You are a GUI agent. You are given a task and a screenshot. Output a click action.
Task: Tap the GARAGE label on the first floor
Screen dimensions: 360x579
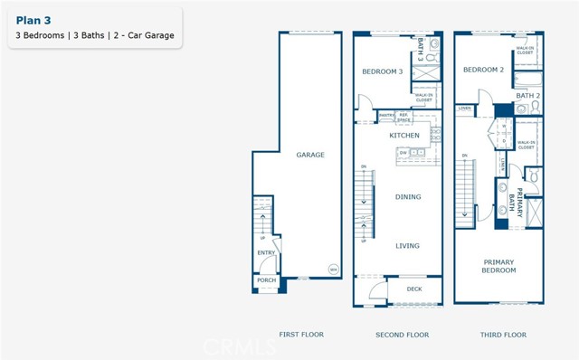(309, 155)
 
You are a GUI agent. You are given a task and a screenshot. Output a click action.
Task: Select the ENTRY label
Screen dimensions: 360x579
(266, 253)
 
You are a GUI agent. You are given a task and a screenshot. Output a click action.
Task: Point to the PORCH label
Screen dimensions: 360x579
(266, 280)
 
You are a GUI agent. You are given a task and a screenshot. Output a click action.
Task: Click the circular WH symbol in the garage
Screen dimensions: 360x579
(332, 270)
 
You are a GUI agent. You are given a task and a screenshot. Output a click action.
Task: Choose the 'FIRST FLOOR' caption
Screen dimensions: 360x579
(301, 335)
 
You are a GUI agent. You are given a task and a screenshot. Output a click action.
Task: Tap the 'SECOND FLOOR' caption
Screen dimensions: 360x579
(402, 335)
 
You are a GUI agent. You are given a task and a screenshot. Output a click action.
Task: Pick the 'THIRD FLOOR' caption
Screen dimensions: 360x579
(502, 335)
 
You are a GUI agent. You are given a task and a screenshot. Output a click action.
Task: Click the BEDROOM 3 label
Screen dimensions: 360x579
(382, 71)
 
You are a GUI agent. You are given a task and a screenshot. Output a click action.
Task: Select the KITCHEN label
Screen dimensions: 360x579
(404, 135)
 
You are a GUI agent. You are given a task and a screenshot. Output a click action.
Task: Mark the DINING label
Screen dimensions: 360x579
(408, 196)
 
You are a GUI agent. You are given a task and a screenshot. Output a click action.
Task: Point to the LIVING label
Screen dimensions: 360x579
(407, 245)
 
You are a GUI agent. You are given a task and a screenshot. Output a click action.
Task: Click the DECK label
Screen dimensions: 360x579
(414, 289)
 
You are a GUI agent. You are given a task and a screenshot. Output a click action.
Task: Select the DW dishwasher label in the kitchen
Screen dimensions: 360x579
(402, 153)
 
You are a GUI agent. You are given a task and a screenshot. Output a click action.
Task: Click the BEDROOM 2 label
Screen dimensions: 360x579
(483, 70)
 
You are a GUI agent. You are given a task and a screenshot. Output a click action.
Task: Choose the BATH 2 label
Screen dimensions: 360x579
(527, 95)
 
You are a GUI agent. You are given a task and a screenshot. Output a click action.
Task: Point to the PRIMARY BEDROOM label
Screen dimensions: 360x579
(498, 266)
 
